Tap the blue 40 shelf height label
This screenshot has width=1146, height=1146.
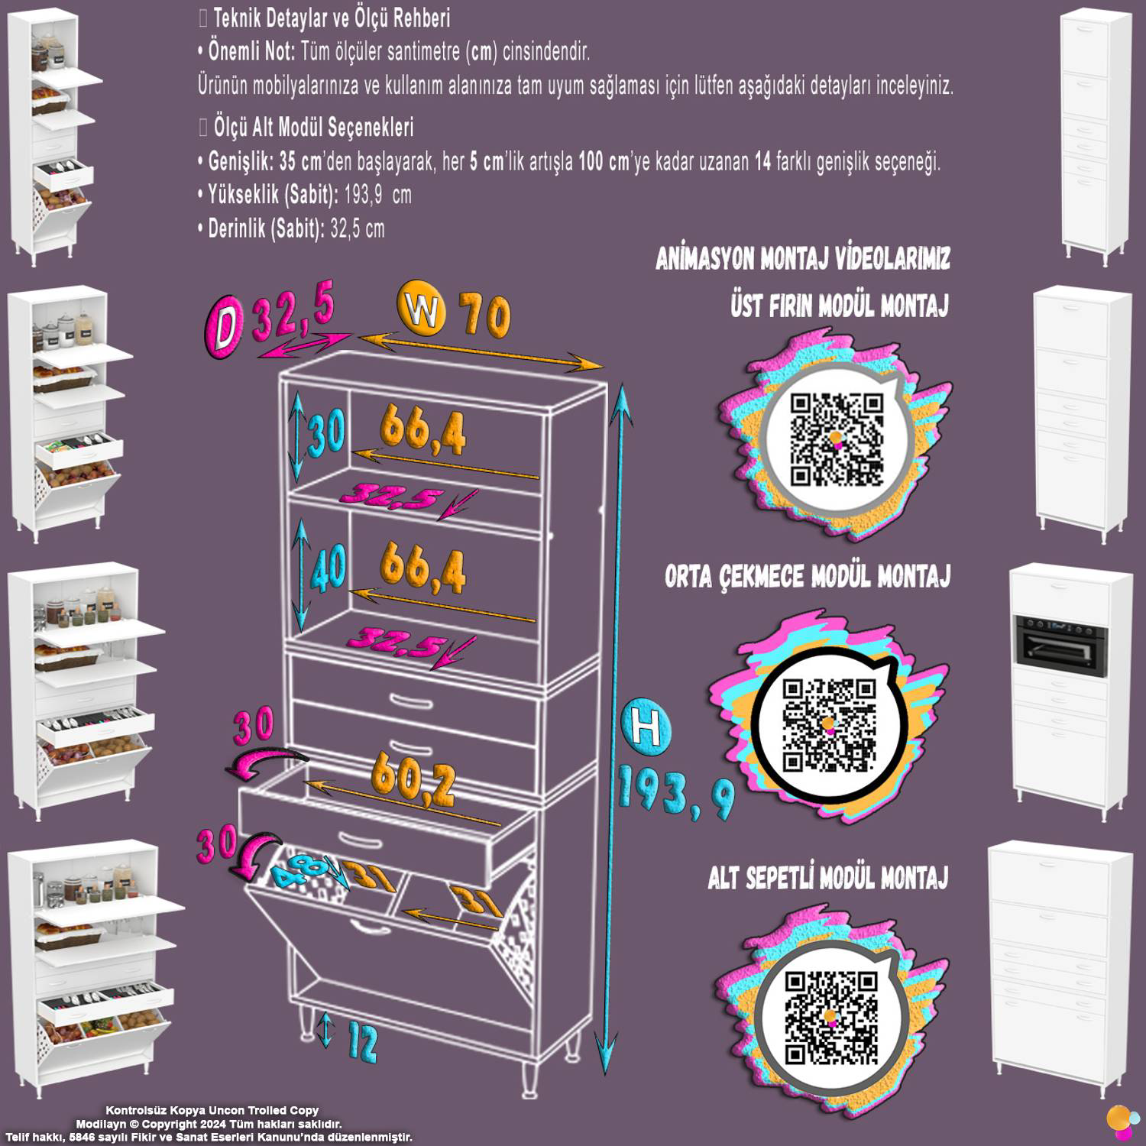328,568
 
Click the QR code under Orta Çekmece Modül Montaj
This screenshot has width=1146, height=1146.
830,724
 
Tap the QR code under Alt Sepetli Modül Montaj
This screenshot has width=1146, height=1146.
832,1018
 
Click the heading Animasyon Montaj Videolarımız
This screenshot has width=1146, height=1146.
803,259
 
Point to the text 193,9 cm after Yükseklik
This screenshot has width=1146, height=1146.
377,195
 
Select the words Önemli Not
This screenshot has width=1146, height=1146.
251,52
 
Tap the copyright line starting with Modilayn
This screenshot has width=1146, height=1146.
209,1124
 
